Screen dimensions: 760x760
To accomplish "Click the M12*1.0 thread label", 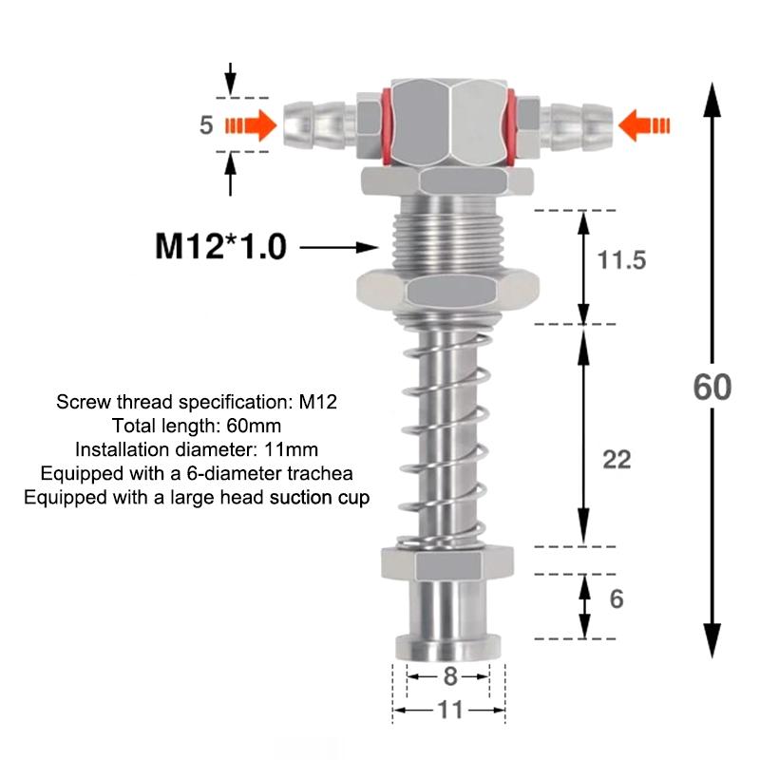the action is pyautogui.click(x=220, y=247).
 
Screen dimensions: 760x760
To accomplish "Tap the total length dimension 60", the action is pyautogui.click(x=712, y=387).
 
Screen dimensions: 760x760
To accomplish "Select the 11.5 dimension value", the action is pyautogui.click(x=622, y=259).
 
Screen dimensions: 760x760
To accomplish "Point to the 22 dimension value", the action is pyautogui.click(x=617, y=460).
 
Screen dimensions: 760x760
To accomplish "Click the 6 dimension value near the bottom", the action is pyautogui.click(x=616, y=599).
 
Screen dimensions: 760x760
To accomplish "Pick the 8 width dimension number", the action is pyautogui.click(x=450, y=676).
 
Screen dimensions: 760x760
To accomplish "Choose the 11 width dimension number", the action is pyautogui.click(x=450, y=710).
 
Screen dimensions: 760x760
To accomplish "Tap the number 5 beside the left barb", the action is pyautogui.click(x=206, y=125).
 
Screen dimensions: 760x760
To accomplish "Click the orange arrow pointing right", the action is pyautogui.click(x=251, y=125).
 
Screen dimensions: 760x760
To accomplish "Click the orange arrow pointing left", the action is pyautogui.click(x=644, y=125).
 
